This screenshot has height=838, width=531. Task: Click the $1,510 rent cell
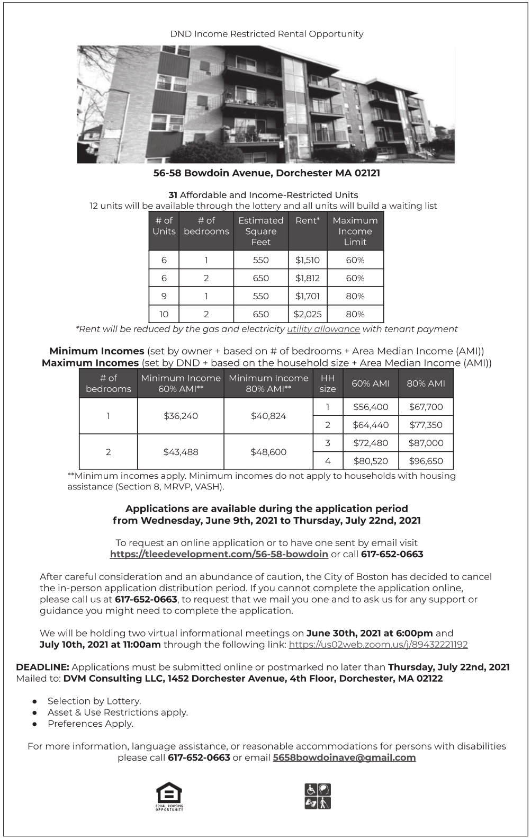pos(308,260)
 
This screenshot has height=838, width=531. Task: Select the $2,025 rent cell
pos(308,314)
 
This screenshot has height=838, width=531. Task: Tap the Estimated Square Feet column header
pos(260,231)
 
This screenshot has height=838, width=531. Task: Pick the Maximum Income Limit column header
pos(355,231)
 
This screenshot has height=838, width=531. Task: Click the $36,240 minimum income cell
pos(181,416)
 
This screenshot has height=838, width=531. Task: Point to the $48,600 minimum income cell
pos(268,452)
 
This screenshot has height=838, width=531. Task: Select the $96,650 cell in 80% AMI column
pos(426,461)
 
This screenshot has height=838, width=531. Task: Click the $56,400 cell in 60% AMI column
pos(371,407)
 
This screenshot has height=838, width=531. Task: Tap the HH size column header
pos(328,384)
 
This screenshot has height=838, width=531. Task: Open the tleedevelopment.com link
pos(219,554)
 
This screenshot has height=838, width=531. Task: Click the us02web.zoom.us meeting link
pos(378,645)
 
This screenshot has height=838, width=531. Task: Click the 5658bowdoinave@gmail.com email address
pos(344,757)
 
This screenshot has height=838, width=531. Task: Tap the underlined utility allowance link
pos(323,329)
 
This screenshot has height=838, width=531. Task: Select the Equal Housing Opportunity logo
pos(169,796)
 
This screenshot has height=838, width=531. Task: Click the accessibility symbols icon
pos(318,796)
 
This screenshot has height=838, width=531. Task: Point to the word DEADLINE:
pos(42,667)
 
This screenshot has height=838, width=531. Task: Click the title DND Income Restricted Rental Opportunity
pos(266,34)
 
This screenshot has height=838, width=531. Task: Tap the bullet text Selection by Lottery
pos(94,701)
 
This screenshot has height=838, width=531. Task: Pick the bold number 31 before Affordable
pos(173,195)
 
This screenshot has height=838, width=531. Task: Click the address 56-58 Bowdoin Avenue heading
pos(266,173)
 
